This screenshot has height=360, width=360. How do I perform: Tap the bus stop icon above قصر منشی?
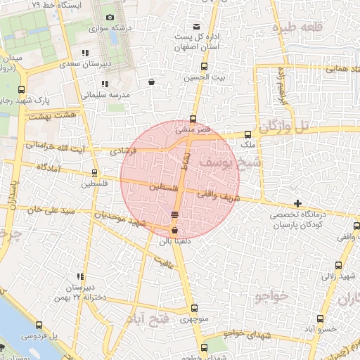tap(193, 119)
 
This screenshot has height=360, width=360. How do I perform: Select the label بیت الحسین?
tap(203, 79)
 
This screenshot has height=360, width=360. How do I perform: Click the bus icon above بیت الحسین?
tap(204, 67)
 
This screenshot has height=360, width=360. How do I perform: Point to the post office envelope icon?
tap(206, 26)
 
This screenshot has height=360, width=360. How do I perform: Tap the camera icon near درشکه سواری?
tap(109, 18)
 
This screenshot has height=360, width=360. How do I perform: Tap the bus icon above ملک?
tap(247, 134)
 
